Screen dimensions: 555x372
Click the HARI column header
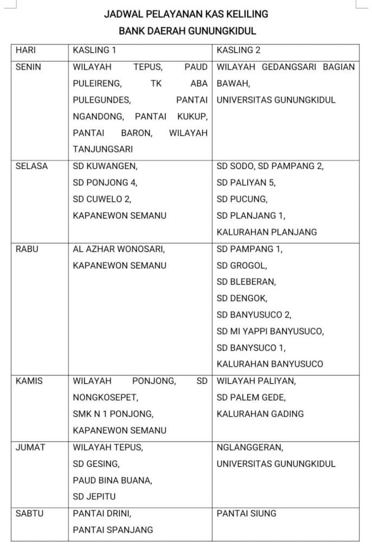[26, 50]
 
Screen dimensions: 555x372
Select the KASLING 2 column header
[239, 50]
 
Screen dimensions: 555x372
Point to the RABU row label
[27, 249]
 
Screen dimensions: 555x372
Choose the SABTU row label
[30, 513]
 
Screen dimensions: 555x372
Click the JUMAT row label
[30, 447]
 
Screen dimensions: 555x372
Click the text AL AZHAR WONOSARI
[119, 249]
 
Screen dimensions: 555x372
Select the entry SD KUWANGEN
[105, 166]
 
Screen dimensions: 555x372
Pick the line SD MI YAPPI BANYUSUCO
[270, 331]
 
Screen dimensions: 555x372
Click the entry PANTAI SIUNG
[246, 513]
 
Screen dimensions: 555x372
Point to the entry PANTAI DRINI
[102, 513]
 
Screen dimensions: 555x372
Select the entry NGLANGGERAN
[249, 447]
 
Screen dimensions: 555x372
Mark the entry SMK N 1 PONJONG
[113, 414]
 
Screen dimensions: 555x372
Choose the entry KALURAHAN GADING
[260, 414]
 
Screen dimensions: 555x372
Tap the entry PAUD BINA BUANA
[112, 480]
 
